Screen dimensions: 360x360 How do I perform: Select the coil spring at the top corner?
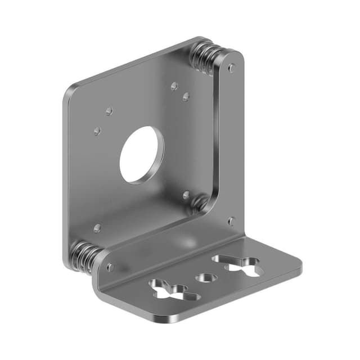[206, 56]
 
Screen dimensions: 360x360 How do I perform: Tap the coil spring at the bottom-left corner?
[84, 256]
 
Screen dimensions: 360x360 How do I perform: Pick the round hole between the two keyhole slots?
[206, 278]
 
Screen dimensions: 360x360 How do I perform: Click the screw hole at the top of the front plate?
[232, 68]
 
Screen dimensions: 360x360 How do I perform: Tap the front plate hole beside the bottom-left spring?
[110, 267]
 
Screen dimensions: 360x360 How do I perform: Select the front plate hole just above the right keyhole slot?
[231, 221]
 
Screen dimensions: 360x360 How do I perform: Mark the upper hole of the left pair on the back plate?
[109, 111]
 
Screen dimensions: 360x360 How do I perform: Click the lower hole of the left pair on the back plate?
[97, 131]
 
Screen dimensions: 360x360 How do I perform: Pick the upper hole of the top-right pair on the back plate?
[174, 86]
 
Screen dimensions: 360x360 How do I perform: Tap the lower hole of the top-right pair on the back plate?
[186, 97]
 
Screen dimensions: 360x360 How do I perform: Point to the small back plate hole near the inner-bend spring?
[186, 195]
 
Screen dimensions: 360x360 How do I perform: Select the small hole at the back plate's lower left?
[97, 228]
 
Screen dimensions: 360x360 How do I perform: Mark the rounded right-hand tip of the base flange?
[298, 268]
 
